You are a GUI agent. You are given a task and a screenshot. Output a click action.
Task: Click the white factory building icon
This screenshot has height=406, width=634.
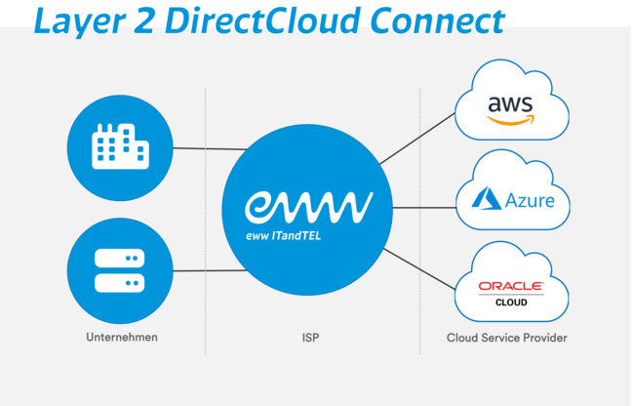pos(119,146)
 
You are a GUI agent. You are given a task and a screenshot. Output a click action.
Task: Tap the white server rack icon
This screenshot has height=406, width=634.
pos(119,270)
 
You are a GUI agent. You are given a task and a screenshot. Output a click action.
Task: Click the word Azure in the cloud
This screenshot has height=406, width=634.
pos(529,202)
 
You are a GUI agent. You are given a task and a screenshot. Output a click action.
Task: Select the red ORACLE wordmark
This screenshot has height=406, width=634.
pos(510,287)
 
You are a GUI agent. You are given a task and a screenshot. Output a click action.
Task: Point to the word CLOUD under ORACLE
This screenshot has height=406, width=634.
pos(510,303)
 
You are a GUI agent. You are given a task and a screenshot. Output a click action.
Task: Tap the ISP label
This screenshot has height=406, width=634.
pos(310,338)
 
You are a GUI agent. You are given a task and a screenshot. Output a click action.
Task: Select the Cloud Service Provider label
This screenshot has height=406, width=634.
pos(506,338)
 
